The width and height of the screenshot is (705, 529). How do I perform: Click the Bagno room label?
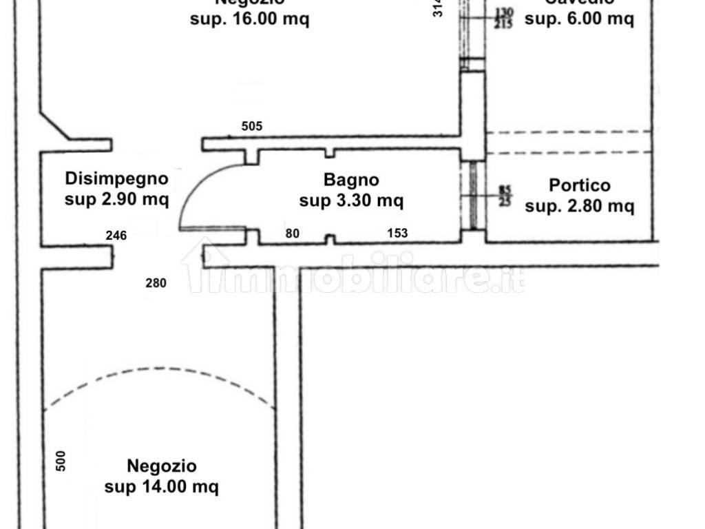[351, 180]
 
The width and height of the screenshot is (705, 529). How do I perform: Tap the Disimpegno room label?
[116, 179]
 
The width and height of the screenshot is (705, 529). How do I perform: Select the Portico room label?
[580, 185]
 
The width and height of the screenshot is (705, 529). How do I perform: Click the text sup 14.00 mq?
[162, 487]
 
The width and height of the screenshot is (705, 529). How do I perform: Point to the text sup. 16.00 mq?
[249, 19]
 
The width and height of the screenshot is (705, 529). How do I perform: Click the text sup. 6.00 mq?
[579, 19]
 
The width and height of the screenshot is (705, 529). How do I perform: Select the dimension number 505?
[252, 127]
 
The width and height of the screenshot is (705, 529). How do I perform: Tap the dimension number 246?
[116, 236]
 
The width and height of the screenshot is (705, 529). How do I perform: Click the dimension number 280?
[156, 282]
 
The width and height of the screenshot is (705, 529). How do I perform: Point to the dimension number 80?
[293, 234]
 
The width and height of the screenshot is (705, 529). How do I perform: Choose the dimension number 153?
[397, 234]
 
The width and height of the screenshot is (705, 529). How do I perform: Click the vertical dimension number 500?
[61, 460]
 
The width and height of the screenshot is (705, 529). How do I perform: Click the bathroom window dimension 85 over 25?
[505, 196]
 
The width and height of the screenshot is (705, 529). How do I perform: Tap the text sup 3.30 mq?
[351, 201]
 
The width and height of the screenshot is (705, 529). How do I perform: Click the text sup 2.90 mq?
[116, 200]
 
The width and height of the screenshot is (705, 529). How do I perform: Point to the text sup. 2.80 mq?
[579, 205]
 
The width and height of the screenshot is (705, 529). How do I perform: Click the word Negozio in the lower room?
[162, 466]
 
